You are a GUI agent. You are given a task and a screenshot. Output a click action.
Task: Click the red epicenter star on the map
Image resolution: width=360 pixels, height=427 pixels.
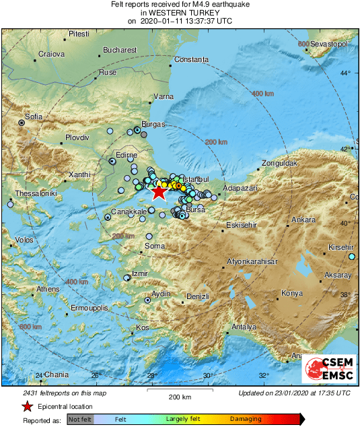[x=158, y=193]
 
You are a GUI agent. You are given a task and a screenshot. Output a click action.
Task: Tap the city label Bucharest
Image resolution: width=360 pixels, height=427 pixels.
[x=120, y=50]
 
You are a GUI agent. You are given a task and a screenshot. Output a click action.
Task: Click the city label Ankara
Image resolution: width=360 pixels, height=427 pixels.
[x=303, y=220]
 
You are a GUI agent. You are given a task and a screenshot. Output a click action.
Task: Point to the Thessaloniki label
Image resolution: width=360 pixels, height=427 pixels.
[x=28, y=193]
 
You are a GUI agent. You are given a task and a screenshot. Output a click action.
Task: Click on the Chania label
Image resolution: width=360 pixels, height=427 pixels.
[x=57, y=374]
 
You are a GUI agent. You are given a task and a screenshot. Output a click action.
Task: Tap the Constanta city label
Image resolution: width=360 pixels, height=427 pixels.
[x=192, y=60]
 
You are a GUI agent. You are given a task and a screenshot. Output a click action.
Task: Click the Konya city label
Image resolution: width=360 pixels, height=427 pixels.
[x=292, y=293]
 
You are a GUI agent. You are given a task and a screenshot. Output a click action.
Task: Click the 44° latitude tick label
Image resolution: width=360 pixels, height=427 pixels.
[x=345, y=73]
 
